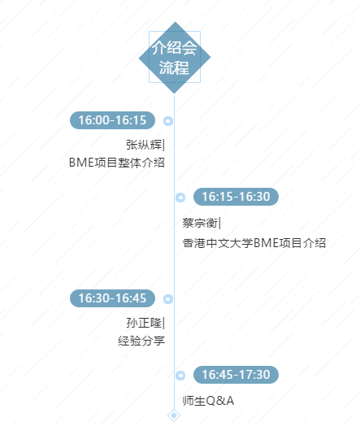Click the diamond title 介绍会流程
(x=175, y=58)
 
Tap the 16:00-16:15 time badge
(x=112, y=120)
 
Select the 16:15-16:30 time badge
(x=236, y=197)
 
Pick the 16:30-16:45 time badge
(x=112, y=298)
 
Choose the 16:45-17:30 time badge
(x=236, y=375)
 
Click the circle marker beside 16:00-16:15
(x=168, y=121)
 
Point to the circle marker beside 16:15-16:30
(x=180, y=198)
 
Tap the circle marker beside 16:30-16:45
(x=168, y=299)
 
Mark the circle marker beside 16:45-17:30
(x=180, y=376)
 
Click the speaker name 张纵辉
(x=144, y=145)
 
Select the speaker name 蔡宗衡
(x=200, y=223)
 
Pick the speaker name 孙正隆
(x=144, y=323)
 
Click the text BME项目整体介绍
(x=117, y=163)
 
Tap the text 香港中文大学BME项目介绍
(x=254, y=243)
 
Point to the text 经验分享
(x=141, y=341)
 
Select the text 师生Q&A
(x=208, y=401)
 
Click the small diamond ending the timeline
(x=174, y=415)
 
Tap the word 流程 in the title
(x=174, y=67)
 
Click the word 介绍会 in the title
(x=174, y=48)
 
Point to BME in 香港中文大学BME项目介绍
(x=266, y=243)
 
